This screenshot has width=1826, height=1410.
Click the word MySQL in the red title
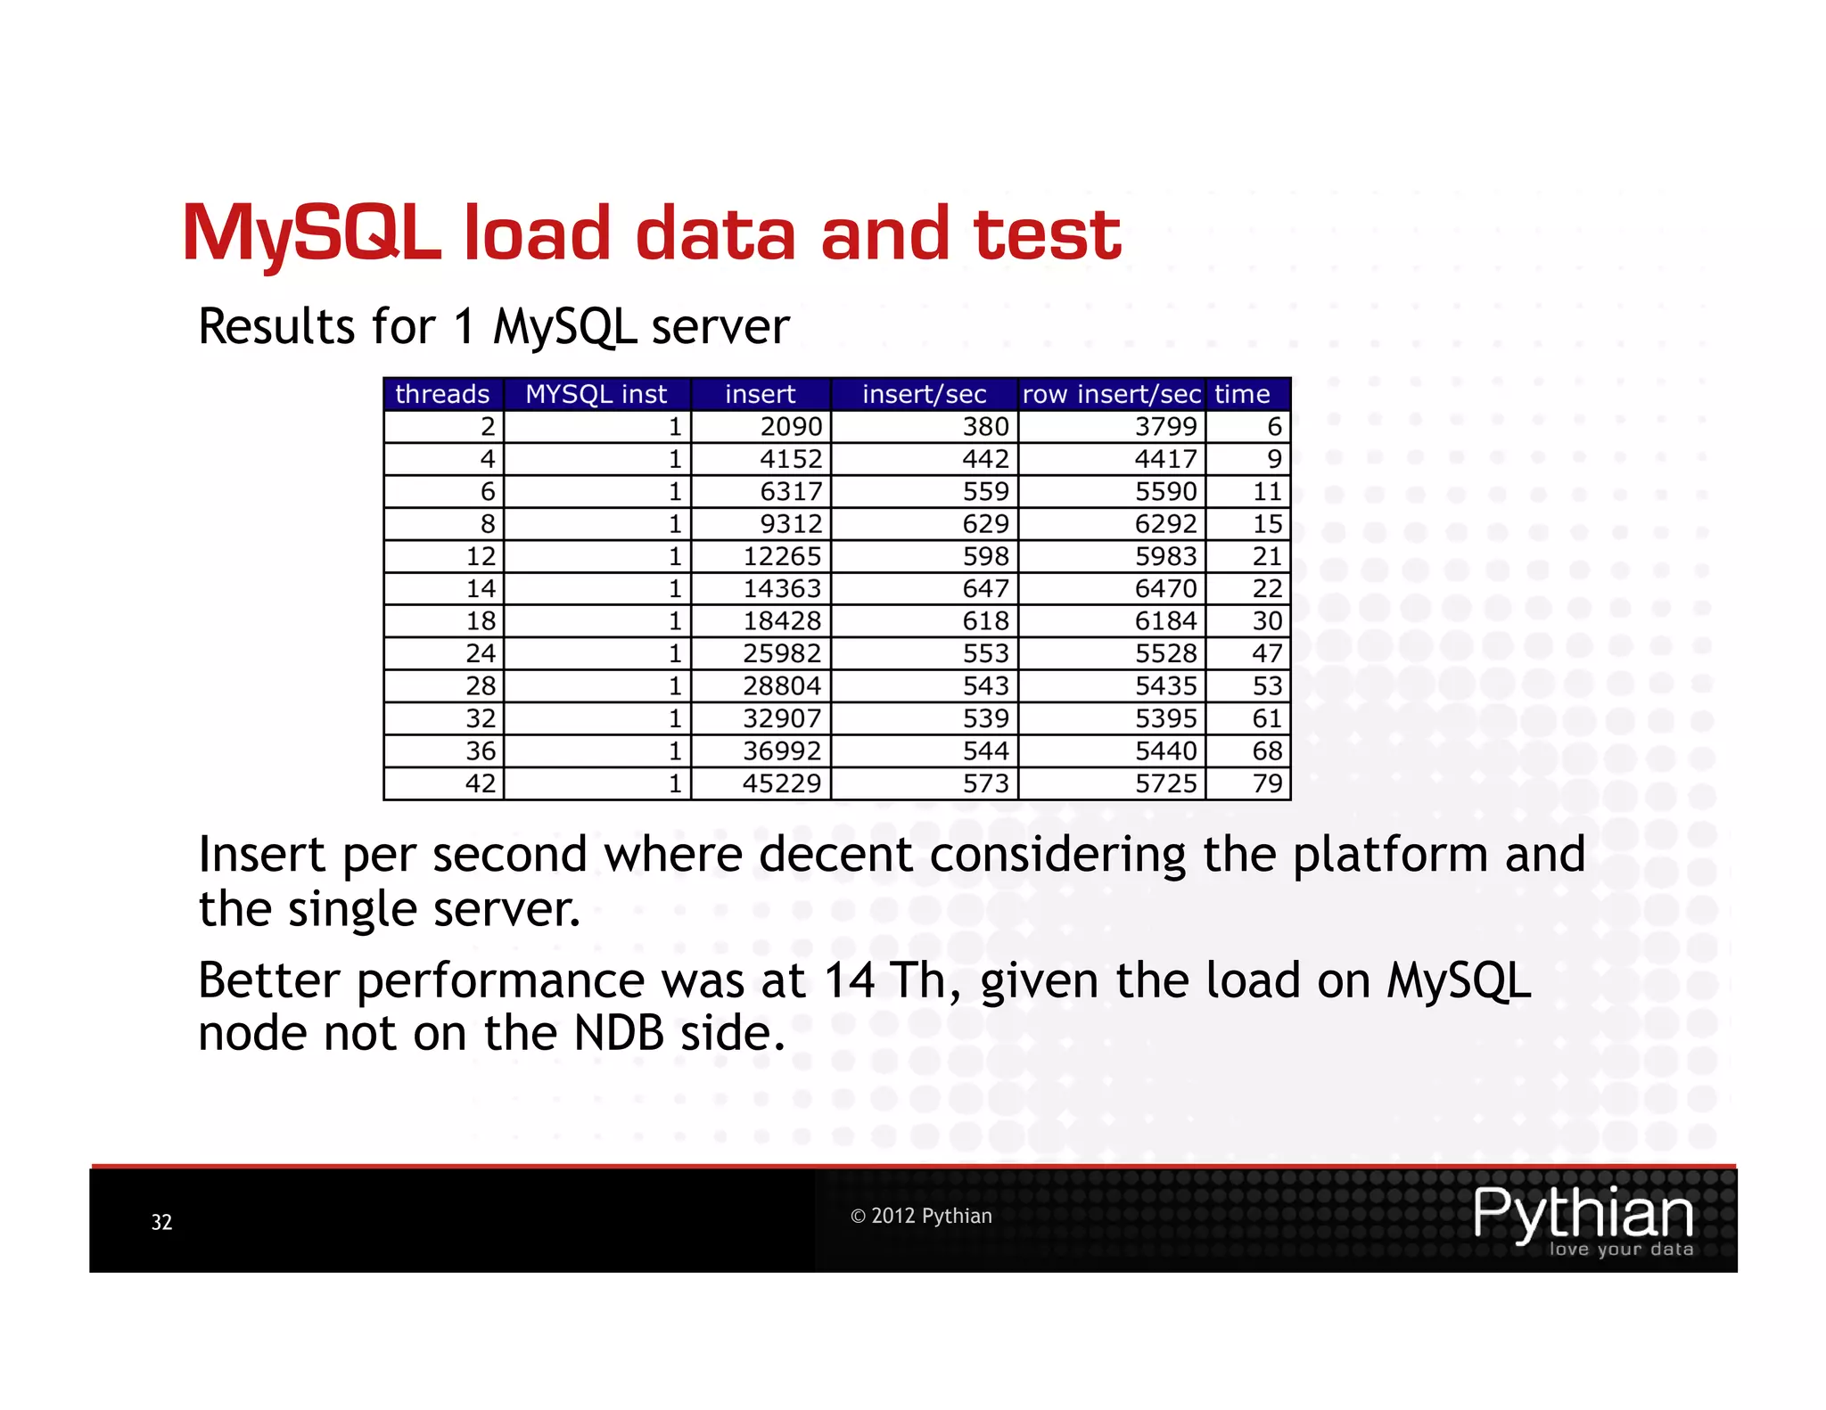tap(312, 234)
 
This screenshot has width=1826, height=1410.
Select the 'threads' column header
tap(442, 394)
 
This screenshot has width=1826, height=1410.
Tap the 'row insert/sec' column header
tap(1111, 394)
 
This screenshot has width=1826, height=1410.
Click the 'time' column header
tap(1242, 394)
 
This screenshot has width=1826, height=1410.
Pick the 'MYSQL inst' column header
tap(596, 394)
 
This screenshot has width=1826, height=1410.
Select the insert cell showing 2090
tap(791, 427)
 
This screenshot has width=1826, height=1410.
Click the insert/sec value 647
tap(985, 589)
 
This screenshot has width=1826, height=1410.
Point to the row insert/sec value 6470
tap(1165, 589)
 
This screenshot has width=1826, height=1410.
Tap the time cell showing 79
tap(1267, 783)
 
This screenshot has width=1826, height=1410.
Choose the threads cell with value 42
tap(481, 783)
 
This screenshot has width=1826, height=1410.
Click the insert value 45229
tap(782, 783)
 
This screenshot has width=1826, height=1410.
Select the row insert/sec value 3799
tap(1165, 427)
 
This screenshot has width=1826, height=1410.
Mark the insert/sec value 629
tap(985, 524)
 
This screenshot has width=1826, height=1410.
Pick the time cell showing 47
tap(1267, 653)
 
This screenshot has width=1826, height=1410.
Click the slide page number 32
tap(161, 1222)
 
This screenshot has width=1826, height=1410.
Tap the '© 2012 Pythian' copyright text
tap(921, 1216)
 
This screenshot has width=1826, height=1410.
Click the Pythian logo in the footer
tap(1583, 1218)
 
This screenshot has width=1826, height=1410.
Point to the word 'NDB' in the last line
tap(619, 1034)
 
